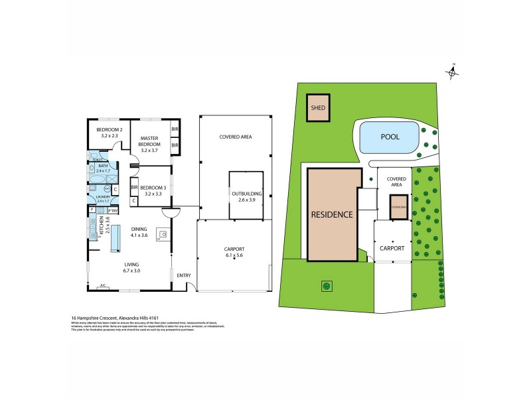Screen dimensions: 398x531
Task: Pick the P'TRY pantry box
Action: (x=114, y=210)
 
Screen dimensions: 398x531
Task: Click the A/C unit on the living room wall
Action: (x=102, y=287)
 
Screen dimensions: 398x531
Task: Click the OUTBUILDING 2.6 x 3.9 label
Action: (x=247, y=196)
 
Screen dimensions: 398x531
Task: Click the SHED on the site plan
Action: (x=317, y=108)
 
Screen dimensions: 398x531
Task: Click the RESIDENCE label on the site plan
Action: (x=333, y=215)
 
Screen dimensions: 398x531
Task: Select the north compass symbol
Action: (x=453, y=71)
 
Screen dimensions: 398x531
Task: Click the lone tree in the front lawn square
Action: (x=326, y=286)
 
